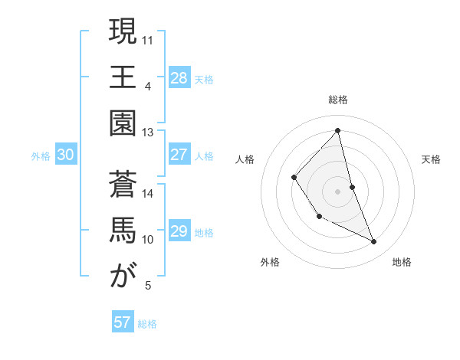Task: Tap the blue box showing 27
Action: click(x=179, y=155)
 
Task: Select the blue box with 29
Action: click(x=179, y=231)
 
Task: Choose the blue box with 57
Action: click(x=123, y=322)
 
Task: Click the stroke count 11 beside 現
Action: click(x=149, y=38)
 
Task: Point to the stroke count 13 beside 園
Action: click(x=148, y=132)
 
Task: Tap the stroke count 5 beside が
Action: click(x=148, y=286)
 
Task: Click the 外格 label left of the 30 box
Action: click(x=41, y=156)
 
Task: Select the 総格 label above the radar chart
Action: click(x=338, y=100)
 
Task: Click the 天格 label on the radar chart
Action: click(x=432, y=159)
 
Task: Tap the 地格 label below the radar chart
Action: click(x=402, y=262)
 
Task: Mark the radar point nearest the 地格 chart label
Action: click(x=374, y=242)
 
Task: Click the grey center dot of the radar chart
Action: click(x=337, y=191)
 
